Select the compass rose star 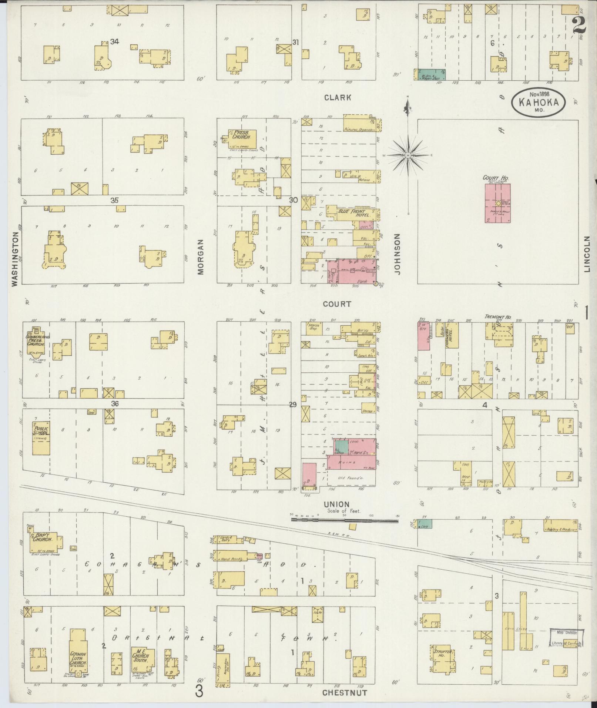point(407,155)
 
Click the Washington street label point(14,259)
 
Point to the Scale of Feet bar point(344,520)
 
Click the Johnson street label point(398,254)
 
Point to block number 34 point(114,42)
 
